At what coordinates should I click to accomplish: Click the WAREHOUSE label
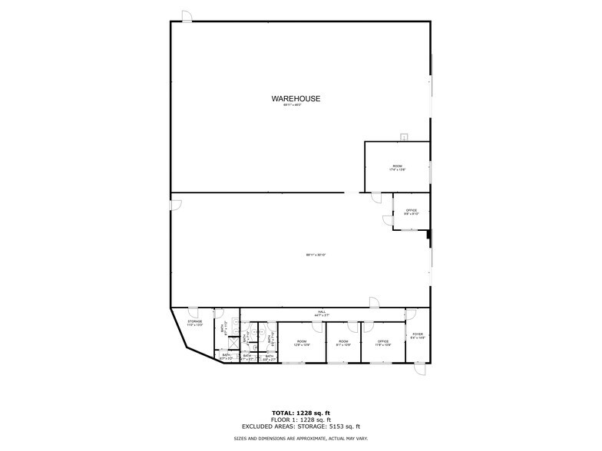(x=296, y=99)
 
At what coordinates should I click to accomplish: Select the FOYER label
(x=418, y=335)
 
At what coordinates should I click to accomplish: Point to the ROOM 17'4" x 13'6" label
(x=397, y=167)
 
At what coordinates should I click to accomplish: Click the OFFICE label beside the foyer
(x=384, y=342)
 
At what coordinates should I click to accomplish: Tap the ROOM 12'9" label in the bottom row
(x=302, y=342)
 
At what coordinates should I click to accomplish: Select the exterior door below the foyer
(x=419, y=370)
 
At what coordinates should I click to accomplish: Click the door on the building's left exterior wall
(x=175, y=205)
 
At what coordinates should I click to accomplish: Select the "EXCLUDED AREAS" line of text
(x=300, y=426)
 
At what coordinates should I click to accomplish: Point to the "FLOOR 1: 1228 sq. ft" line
(x=300, y=420)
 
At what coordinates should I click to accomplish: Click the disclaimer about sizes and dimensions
(x=300, y=438)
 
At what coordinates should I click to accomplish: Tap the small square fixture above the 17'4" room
(x=403, y=137)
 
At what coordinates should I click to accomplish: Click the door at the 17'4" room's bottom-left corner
(x=377, y=197)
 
